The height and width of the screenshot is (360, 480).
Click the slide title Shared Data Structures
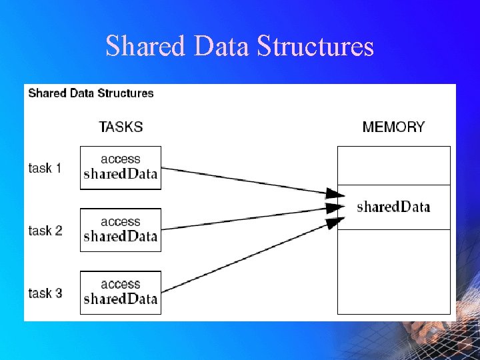tap(239, 47)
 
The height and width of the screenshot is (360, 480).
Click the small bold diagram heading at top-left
tap(91, 93)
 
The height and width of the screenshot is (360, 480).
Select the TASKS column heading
tap(121, 127)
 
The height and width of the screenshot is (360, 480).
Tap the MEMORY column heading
tap(393, 127)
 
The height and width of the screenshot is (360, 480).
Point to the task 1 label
tap(45, 168)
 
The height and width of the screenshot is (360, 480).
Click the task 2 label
tap(45, 231)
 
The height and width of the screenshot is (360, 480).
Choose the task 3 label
tap(45, 293)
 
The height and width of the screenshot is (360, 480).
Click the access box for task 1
tap(121, 168)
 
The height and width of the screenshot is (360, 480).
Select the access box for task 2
tap(121, 230)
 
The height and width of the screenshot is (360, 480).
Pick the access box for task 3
tap(121, 293)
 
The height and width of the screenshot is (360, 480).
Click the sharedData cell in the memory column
tap(393, 207)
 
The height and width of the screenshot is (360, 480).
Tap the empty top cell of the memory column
tap(393, 165)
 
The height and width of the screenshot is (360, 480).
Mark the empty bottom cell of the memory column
tap(393, 271)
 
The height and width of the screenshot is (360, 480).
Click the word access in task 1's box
tap(121, 159)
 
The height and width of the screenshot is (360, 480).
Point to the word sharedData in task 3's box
tap(121, 299)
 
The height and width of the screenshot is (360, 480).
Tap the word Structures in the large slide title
tap(315, 47)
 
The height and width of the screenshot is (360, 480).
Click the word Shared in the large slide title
tap(145, 47)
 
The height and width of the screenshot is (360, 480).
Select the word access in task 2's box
tap(121, 222)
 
